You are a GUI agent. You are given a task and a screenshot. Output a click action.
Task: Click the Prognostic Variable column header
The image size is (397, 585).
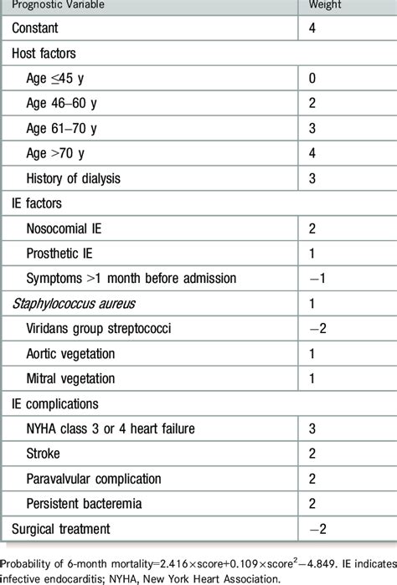(x=54, y=7)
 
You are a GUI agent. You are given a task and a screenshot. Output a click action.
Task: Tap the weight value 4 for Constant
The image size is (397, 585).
(x=312, y=29)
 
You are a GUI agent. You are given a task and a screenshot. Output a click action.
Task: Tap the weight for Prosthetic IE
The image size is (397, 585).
(x=312, y=253)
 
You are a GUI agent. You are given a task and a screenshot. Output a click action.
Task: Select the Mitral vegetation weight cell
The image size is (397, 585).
(x=312, y=378)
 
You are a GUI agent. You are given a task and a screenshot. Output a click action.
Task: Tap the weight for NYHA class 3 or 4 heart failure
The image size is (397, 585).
(x=312, y=428)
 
